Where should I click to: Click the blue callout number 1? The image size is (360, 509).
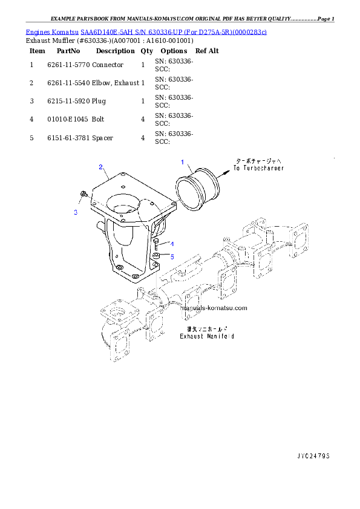coord(182,162)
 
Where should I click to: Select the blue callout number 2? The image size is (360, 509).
coord(100,167)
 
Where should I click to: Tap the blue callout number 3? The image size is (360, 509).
coord(76,212)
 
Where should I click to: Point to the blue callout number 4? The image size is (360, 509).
coord(172,244)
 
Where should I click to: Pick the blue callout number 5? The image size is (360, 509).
coord(172,256)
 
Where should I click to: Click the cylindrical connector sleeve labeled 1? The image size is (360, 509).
coord(199,190)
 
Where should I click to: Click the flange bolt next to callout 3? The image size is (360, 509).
coord(83,195)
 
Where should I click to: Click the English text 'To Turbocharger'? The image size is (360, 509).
coord(258,168)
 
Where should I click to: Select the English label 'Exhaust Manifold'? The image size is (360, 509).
coord(206,336)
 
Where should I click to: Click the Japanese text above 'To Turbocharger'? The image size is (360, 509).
coord(258,161)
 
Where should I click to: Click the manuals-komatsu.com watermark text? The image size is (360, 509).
coord(214,308)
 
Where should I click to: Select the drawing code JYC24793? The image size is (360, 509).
coord(313,455)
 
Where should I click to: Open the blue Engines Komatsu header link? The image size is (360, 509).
coord(146,31)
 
